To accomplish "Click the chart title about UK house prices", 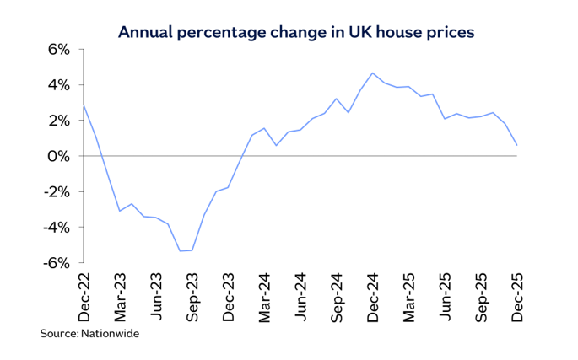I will tap(296, 32).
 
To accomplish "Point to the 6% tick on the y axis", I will tap(57, 50).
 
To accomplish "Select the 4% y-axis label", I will tap(57, 85).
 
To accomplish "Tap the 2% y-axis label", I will tap(57, 121).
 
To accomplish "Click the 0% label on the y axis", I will tap(57, 156).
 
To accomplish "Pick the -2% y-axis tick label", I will tap(55, 191).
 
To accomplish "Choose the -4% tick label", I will tap(55, 227).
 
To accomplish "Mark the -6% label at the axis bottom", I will tap(55, 262).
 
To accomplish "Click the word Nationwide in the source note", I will tap(110, 334).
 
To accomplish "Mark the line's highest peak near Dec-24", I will tap(373, 73).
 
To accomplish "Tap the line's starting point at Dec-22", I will tap(84, 105).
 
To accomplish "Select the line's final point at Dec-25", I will tap(516, 145).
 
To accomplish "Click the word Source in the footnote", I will tap(58, 334).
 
